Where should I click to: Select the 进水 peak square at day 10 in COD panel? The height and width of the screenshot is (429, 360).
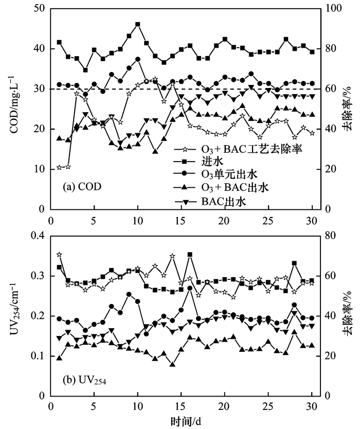pos(138,24)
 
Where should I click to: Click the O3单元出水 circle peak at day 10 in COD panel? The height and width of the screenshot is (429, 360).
pos(138,59)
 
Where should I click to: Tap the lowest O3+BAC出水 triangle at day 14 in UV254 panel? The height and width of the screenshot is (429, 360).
pos(172,364)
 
